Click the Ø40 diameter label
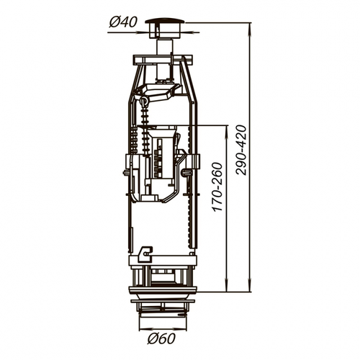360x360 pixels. [x=123, y=22]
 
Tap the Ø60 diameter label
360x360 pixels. [x=161, y=338]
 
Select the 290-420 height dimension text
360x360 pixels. [x=241, y=150]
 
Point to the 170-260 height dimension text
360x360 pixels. [x=218, y=186]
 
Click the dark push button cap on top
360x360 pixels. [x=165, y=21]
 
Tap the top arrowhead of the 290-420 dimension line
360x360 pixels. [x=251, y=28]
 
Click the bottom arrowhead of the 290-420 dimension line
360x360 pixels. [x=251, y=287]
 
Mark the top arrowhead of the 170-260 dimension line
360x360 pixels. [x=227, y=131]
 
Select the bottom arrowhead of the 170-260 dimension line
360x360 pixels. [x=227, y=287]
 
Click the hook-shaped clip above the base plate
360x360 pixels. [x=145, y=254]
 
